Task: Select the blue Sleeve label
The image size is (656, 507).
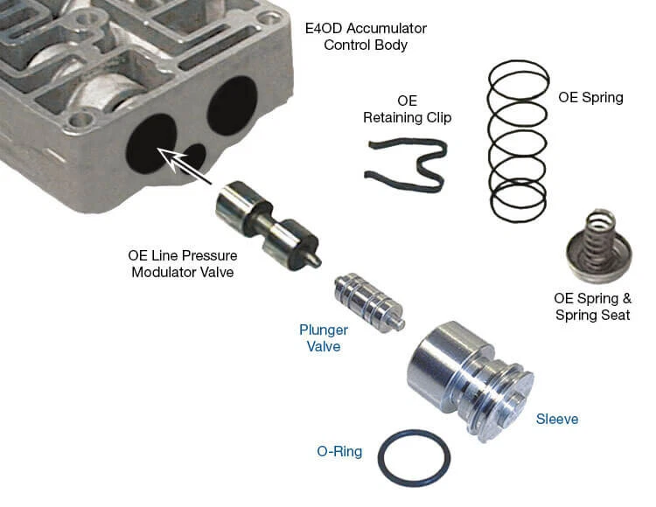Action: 557,419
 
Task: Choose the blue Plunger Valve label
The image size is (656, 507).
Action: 324,338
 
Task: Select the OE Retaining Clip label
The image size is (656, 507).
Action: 408,109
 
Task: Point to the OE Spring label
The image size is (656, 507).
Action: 590,97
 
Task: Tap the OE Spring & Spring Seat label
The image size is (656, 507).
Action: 593,306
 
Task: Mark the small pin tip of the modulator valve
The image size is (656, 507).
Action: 316,260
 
